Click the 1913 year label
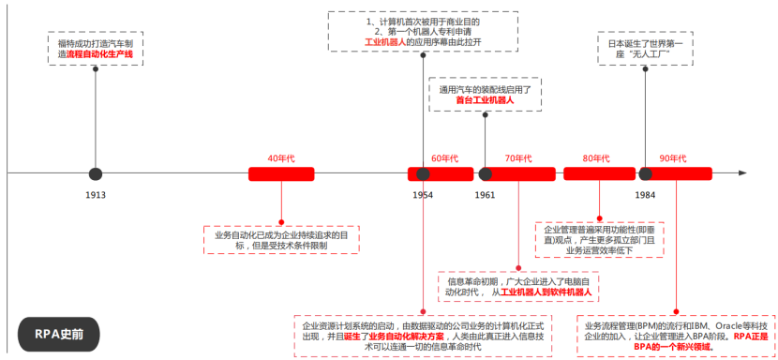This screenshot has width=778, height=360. (x=95, y=195)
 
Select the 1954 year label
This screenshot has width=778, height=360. (x=423, y=195)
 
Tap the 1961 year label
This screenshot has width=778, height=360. (x=485, y=195)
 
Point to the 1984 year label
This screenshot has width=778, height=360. (x=645, y=195)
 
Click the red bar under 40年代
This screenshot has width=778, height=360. (x=281, y=173)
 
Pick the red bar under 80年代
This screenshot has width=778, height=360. (x=599, y=173)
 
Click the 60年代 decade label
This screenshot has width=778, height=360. (x=444, y=157)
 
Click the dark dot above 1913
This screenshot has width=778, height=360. (x=95, y=173)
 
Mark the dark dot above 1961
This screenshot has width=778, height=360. (x=485, y=173)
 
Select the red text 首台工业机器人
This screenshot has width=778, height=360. (x=485, y=99)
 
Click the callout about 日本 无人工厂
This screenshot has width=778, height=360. (x=646, y=49)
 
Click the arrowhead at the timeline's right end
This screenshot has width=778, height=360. (x=741, y=173)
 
